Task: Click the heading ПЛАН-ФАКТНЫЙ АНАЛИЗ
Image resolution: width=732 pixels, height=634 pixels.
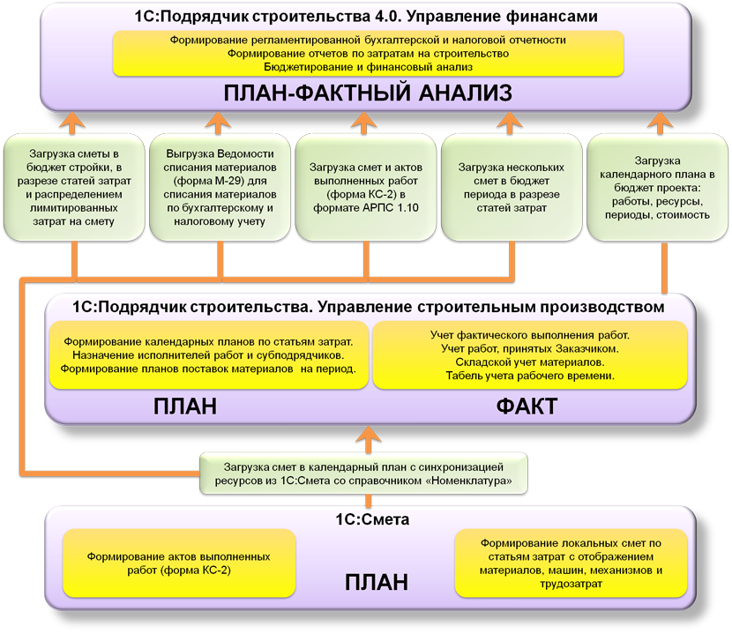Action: (x=369, y=93)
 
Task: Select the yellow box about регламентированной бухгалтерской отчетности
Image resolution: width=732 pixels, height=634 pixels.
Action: (x=368, y=53)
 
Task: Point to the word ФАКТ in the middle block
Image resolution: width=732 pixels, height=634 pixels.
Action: (x=527, y=407)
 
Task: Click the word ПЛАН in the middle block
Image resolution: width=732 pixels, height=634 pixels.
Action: (x=184, y=407)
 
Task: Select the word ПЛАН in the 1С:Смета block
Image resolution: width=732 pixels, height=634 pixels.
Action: (x=376, y=581)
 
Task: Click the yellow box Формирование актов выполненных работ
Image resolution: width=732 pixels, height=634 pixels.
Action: (x=177, y=563)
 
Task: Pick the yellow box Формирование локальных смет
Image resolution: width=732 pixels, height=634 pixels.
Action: (x=571, y=563)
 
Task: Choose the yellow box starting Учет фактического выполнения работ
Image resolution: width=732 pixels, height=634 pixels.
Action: (x=530, y=354)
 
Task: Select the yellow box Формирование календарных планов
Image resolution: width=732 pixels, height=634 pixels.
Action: (x=208, y=354)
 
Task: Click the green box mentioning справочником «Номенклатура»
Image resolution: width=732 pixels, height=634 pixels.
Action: (x=363, y=473)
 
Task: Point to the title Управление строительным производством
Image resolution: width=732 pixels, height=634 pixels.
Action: (x=367, y=307)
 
